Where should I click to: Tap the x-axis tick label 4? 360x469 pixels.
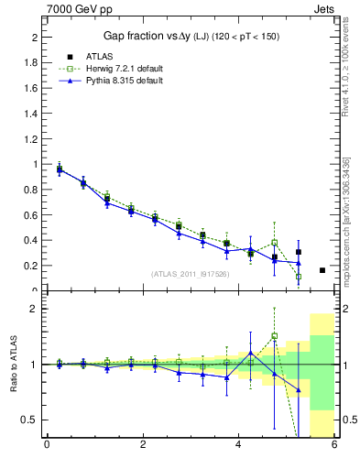coord(239,446)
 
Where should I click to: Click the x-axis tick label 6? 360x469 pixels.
coord(334,446)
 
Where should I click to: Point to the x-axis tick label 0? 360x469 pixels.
coord(47,446)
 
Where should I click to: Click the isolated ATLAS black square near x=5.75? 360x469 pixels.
coord(322,270)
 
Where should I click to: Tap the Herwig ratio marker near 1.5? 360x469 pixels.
coord(275,335)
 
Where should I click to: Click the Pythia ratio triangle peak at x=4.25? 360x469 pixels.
coord(251,353)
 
